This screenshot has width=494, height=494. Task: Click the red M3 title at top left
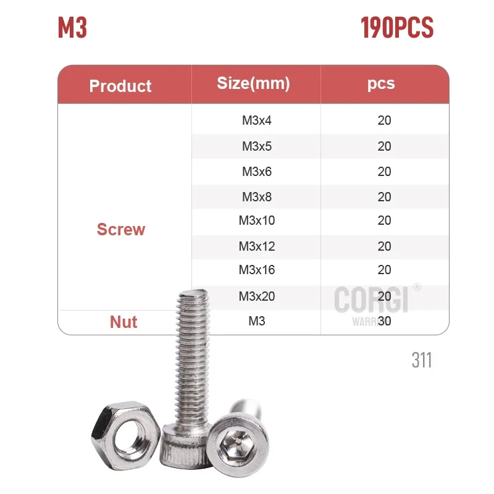tap(72, 28)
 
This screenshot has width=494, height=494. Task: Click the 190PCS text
tap(397, 28)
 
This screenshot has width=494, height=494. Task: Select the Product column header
tap(120, 86)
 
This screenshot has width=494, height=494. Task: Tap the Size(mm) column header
tap(253, 83)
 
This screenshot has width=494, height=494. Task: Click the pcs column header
tap(380, 83)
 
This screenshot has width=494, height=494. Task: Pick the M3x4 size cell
tap(256, 120)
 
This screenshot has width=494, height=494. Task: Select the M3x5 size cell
tap(256, 146)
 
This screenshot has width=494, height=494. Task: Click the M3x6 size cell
tap(256, 172)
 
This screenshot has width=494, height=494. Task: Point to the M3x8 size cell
tap(256, 198)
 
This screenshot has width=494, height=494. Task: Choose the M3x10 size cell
tap(256, 221)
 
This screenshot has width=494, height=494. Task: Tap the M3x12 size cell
tap(256, 246)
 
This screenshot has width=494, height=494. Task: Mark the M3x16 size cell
tap(256, 270)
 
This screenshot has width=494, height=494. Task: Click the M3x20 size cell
tap(256, 296)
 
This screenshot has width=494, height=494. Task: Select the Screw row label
tap(121, 230)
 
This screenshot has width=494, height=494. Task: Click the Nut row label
tap(124, 322)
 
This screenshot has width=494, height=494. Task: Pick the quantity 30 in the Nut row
tap(384, 321)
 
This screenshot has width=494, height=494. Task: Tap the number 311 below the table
tap(422, 360)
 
